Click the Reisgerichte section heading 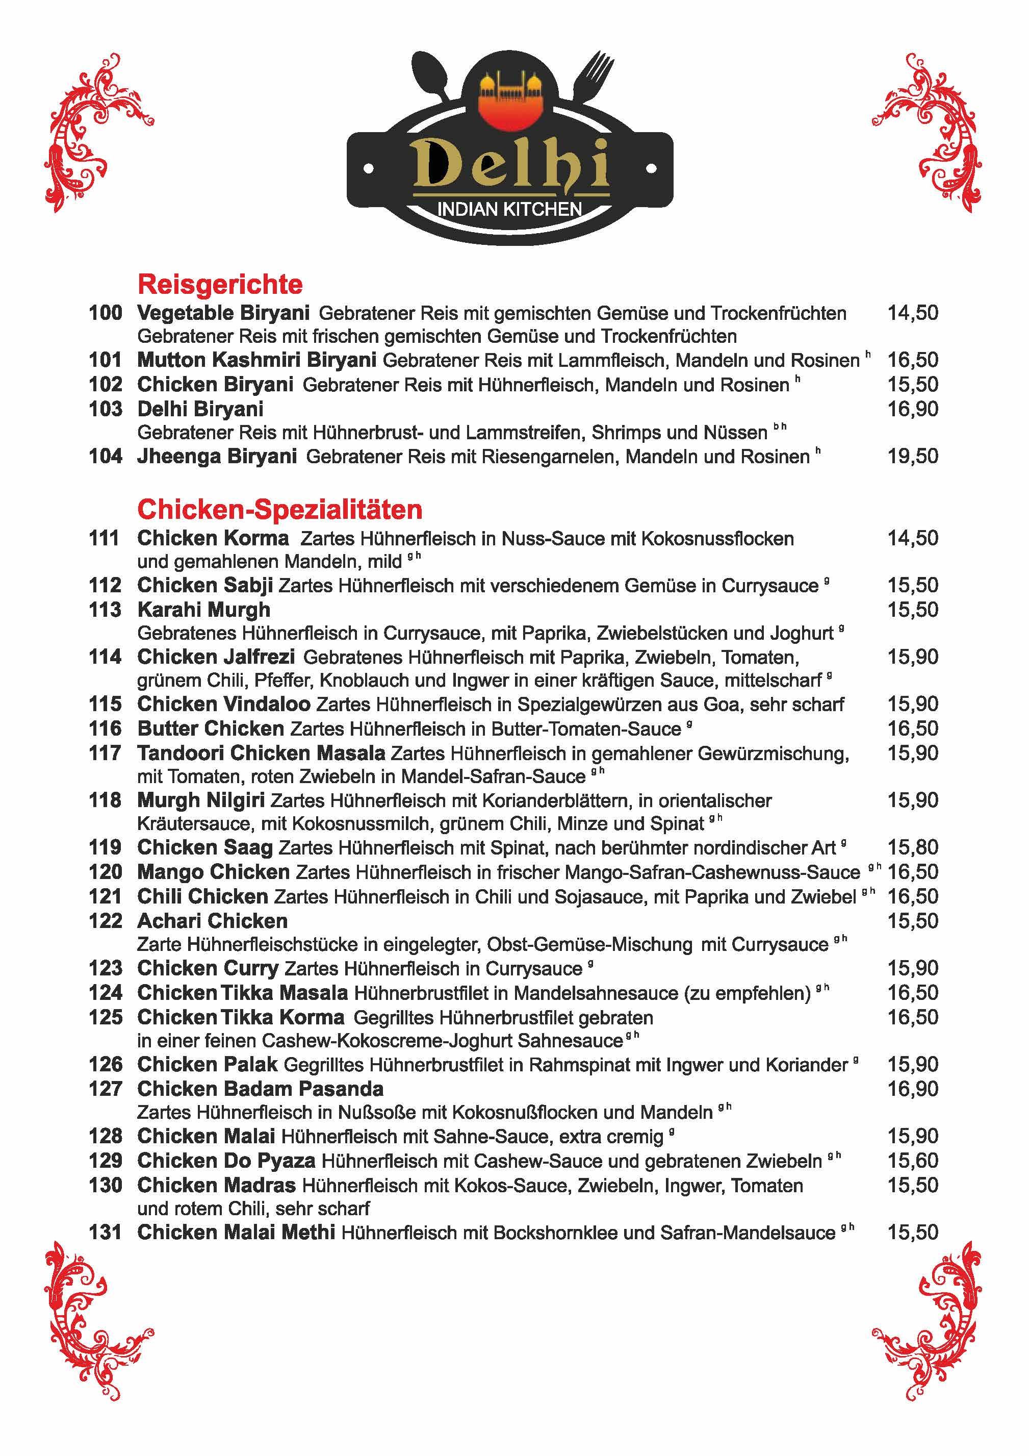click(220, 284)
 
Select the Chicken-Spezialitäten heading click(279, 509)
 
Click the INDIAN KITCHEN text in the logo click(510, 209)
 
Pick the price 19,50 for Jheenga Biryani click(912, 456)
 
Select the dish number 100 click(105, 313)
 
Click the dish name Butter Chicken click(211, 729)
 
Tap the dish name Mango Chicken click(213, 872)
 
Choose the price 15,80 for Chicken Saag click(912, 847)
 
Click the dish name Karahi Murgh click(203, 610)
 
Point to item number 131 click(105, 1232)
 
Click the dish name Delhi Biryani click(200, 409)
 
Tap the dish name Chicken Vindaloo click(224, 704)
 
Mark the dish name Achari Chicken click(213, 921)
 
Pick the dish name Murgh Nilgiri click(200, 800)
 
